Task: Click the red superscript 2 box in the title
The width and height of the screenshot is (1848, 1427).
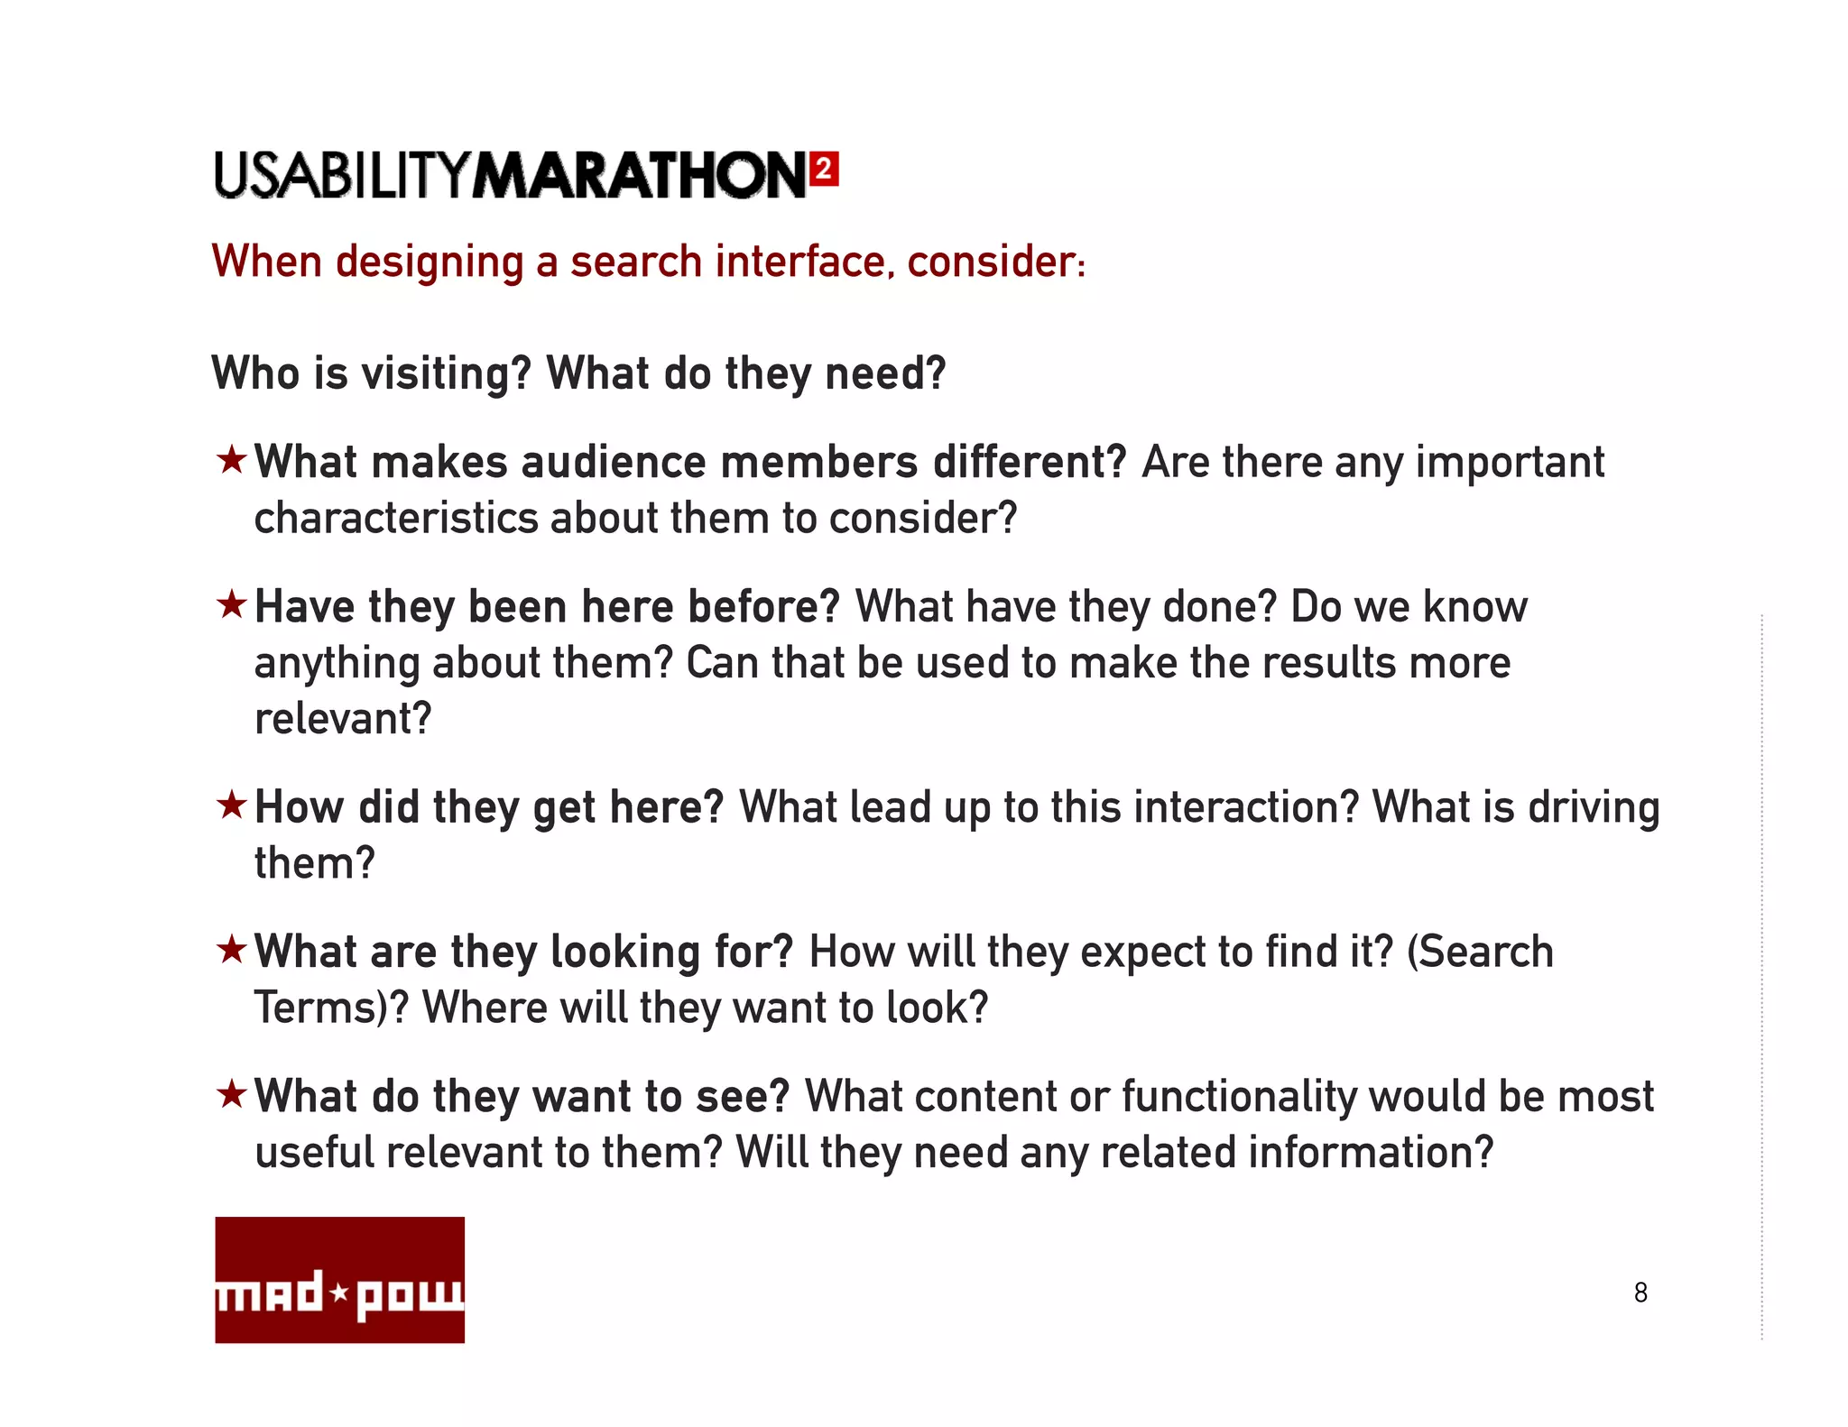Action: tap(824, 170)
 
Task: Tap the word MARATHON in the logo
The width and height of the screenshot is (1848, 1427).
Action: tap(640, 175)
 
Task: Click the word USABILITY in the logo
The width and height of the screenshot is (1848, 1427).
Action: tap(342, 175)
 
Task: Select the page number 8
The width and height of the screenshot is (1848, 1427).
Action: tap(1640, 1293)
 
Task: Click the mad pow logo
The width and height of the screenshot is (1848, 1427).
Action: tap(339, 1279)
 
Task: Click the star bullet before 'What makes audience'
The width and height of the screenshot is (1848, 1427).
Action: tap(232, 460)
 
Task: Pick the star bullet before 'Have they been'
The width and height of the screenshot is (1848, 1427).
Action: tap(232, 604)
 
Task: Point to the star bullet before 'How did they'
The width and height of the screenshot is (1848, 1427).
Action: tap(232, 805)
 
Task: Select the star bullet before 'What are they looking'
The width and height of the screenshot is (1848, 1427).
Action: tap(232, 949)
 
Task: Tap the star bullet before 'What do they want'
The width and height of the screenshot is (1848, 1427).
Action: tap(232, 1094)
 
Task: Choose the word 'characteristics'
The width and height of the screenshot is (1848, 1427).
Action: tap(396, 519)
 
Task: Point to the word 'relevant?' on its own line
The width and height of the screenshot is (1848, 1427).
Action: tap(343, 719)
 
